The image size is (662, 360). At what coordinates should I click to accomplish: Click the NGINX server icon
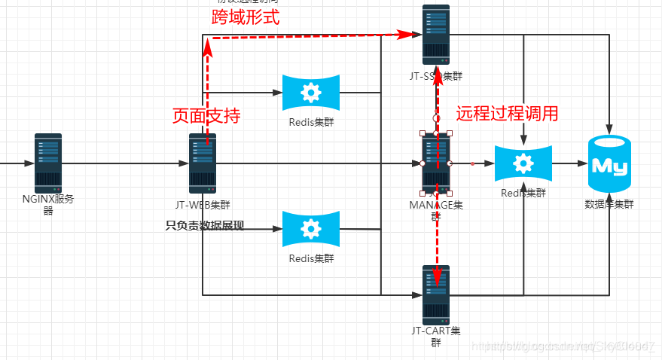pyautogui.click(x=48, y=163)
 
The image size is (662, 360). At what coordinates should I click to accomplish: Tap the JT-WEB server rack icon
pyautogui.click(x=203, y=163)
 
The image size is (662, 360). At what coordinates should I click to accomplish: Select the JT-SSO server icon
pyautogui.click(x=436, y=34)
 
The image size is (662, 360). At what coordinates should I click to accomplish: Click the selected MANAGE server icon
pyautogui.click(x=436, y=163)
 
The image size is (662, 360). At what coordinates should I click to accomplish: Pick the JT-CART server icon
pyautogui.click(x=436, y=294)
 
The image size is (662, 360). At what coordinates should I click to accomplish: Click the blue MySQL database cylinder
pyautogui.click(x=609, y=164)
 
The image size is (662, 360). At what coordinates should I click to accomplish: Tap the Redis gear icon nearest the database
pyautogui.click(x=523, y=163)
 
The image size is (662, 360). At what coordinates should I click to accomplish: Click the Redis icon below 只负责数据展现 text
pyautogui.click(x=310, y=229)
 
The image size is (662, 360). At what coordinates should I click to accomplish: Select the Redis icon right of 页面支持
pyautogui.click(x=310, y=93)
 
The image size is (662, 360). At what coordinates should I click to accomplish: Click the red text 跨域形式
pyautogui.click(x=246, y=17)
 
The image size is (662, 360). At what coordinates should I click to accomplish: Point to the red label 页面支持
pyautogui.click(x=206, y=116)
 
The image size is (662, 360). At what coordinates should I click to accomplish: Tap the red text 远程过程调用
pyautogui.click(x=508, y=114)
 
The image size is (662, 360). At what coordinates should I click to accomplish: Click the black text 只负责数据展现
pyautogui.click(x=205, y=225)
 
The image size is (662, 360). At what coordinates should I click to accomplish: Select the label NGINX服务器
pyautogui.click(x=48, y=205)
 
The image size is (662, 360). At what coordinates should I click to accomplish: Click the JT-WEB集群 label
pyautogui.click(x=203, y=205)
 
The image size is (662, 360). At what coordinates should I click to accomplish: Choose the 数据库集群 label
pyautogui.click(x=609, y=204)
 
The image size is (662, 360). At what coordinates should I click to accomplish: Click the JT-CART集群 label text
pyautogui.click(x=437, y=337)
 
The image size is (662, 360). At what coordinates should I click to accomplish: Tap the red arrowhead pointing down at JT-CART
pyautogui.click(x=437, y=279)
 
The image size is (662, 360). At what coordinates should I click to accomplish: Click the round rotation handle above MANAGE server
pyautogui.click(x=436, y=118)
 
